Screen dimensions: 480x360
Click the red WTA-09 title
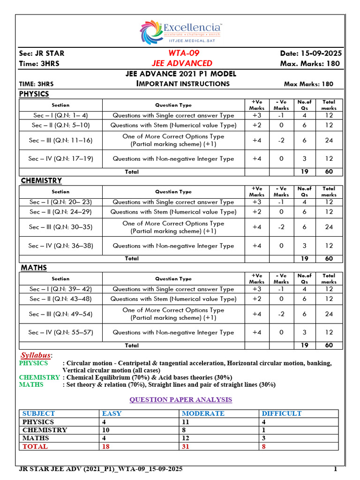[180, 53]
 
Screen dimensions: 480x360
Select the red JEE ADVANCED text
[182, 63]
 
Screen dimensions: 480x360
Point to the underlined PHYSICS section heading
[34, 94]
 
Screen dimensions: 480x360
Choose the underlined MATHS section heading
[34, 268]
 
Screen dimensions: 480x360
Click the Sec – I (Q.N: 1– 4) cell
[60, 115]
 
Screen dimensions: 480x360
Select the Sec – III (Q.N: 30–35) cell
[60, 227]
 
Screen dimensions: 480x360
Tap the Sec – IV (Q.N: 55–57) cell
[60, 332]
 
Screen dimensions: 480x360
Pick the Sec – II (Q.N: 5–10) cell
[60, 125]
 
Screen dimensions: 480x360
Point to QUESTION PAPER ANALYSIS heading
[180, 399]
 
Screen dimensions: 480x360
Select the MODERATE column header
[203, 413]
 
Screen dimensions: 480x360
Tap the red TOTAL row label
[35, 446]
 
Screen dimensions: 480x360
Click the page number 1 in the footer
[335, 469]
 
